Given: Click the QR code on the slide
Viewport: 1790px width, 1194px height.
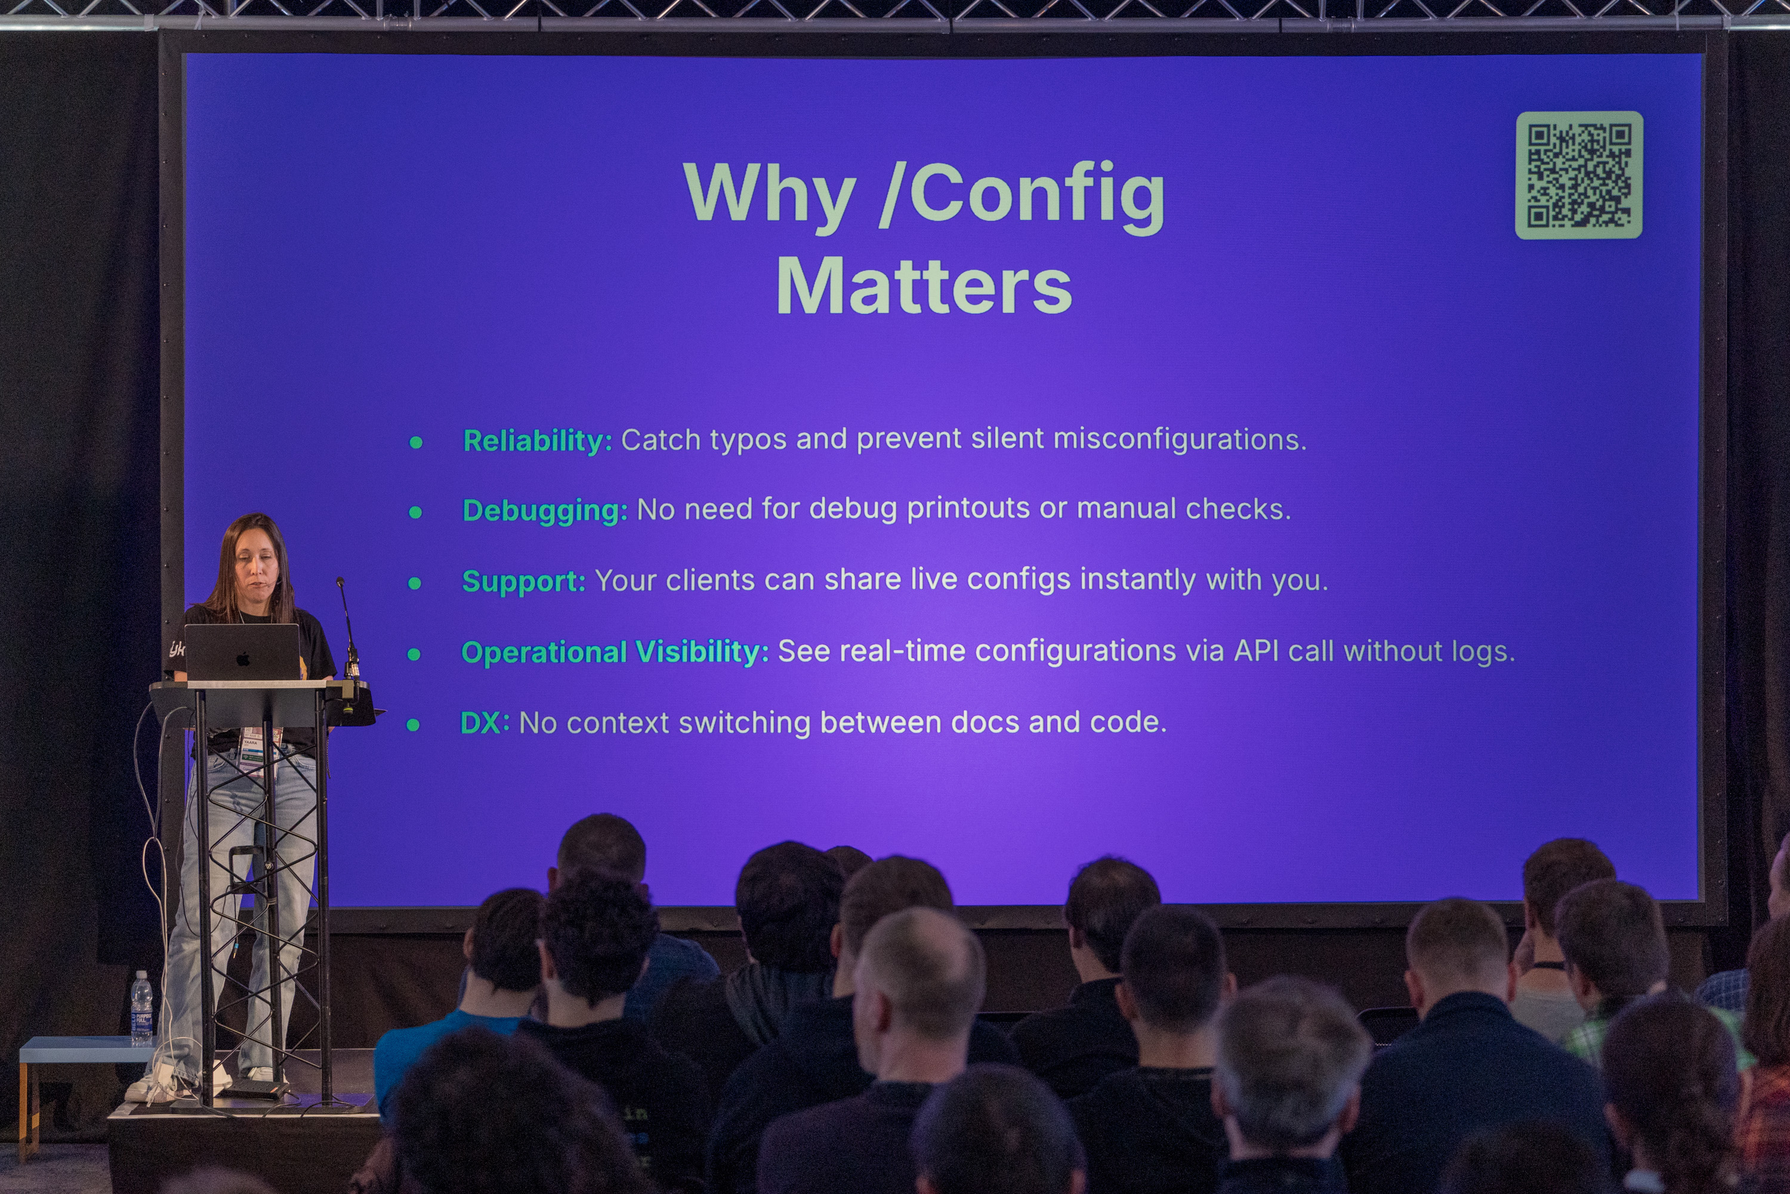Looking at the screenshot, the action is tap(1578, 175).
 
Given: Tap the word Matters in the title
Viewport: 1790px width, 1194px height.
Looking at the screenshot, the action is tap(924, 287).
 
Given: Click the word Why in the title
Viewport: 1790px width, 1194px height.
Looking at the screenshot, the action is tap(770, 193).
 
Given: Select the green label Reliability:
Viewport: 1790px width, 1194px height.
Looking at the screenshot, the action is tap(538, 441).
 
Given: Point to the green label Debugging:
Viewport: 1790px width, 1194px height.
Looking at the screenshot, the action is tap(545, 511).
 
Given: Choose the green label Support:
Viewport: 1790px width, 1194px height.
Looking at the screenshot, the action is tap(524, 581).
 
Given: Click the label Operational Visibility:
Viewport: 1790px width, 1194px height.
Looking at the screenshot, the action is tap(615, 652).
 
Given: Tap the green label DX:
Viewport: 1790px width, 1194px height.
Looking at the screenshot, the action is tap(484, 722).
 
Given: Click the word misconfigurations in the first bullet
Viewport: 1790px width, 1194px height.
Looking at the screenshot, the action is tap(1180, 439).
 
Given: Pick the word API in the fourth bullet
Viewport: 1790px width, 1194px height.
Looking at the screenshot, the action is tap(1257, 651).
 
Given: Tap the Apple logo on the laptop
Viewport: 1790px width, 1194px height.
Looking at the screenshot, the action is tap(243, 658).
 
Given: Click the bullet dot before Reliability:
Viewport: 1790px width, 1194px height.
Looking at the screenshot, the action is tap(415, 442).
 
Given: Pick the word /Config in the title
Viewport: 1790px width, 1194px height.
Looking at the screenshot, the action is tap(1021, 195).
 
